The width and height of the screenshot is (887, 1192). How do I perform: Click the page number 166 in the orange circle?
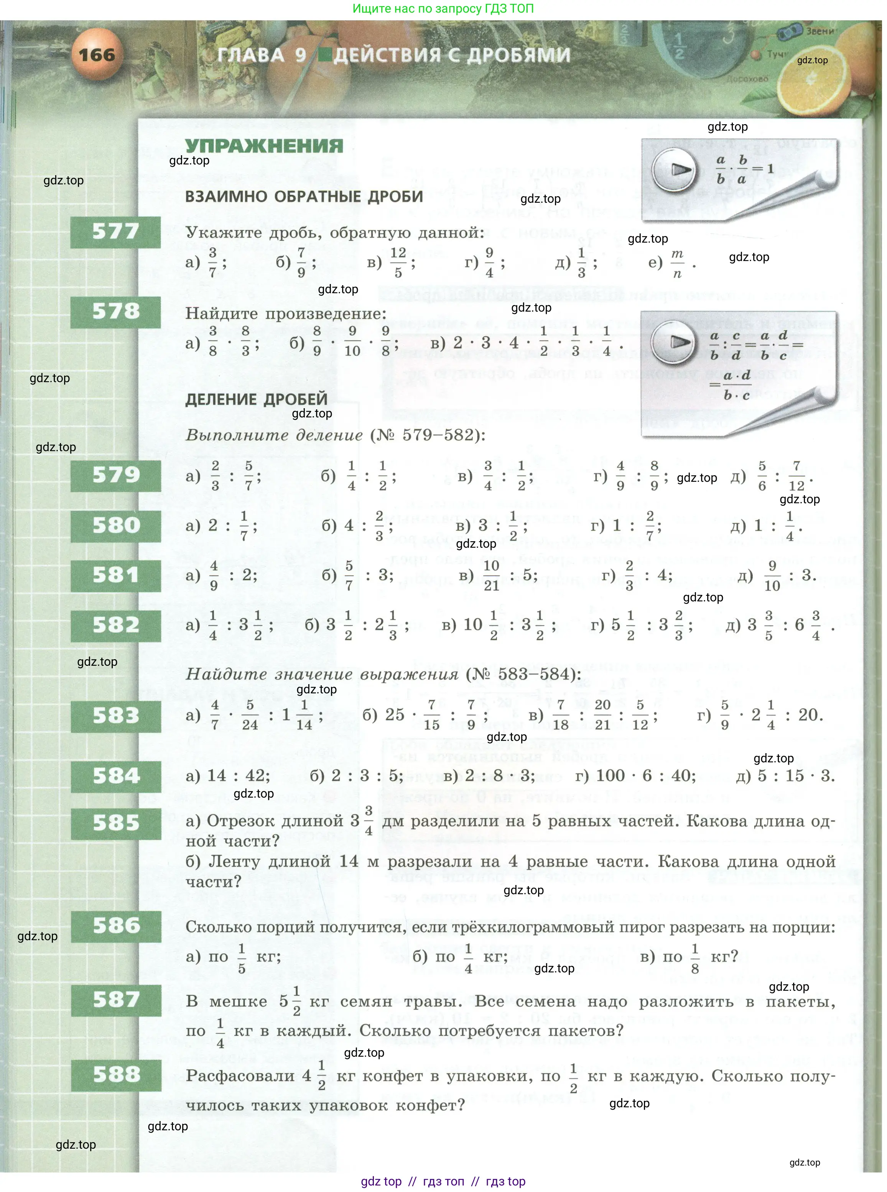pyautogui.click(x=97, y=55)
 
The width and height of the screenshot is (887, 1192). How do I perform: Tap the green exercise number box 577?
pyautogui.click(x=115, y=232)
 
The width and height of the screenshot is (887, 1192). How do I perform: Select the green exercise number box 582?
pyautogui.click(x=116, y=625)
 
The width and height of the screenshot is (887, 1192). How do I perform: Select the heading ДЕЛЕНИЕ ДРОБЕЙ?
pyautogui.click(x=256, y=399)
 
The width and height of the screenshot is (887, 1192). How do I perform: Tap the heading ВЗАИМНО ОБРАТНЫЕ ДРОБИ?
pyautogui.click(x=304, y=196)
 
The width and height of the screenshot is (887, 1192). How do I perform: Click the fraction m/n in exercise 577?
pyautogui.click(x=677, y=263)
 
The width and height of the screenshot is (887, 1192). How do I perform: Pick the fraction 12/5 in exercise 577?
pyautogui.click(x=398, y=263)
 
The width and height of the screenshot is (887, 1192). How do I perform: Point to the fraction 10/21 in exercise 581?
pyautogui.click(x=491, y=575)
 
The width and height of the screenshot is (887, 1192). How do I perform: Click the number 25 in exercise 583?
pyautogui.click(x=395, y=715)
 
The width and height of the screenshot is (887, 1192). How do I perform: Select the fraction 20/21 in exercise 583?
pyautogui.click(x=602, y=715)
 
